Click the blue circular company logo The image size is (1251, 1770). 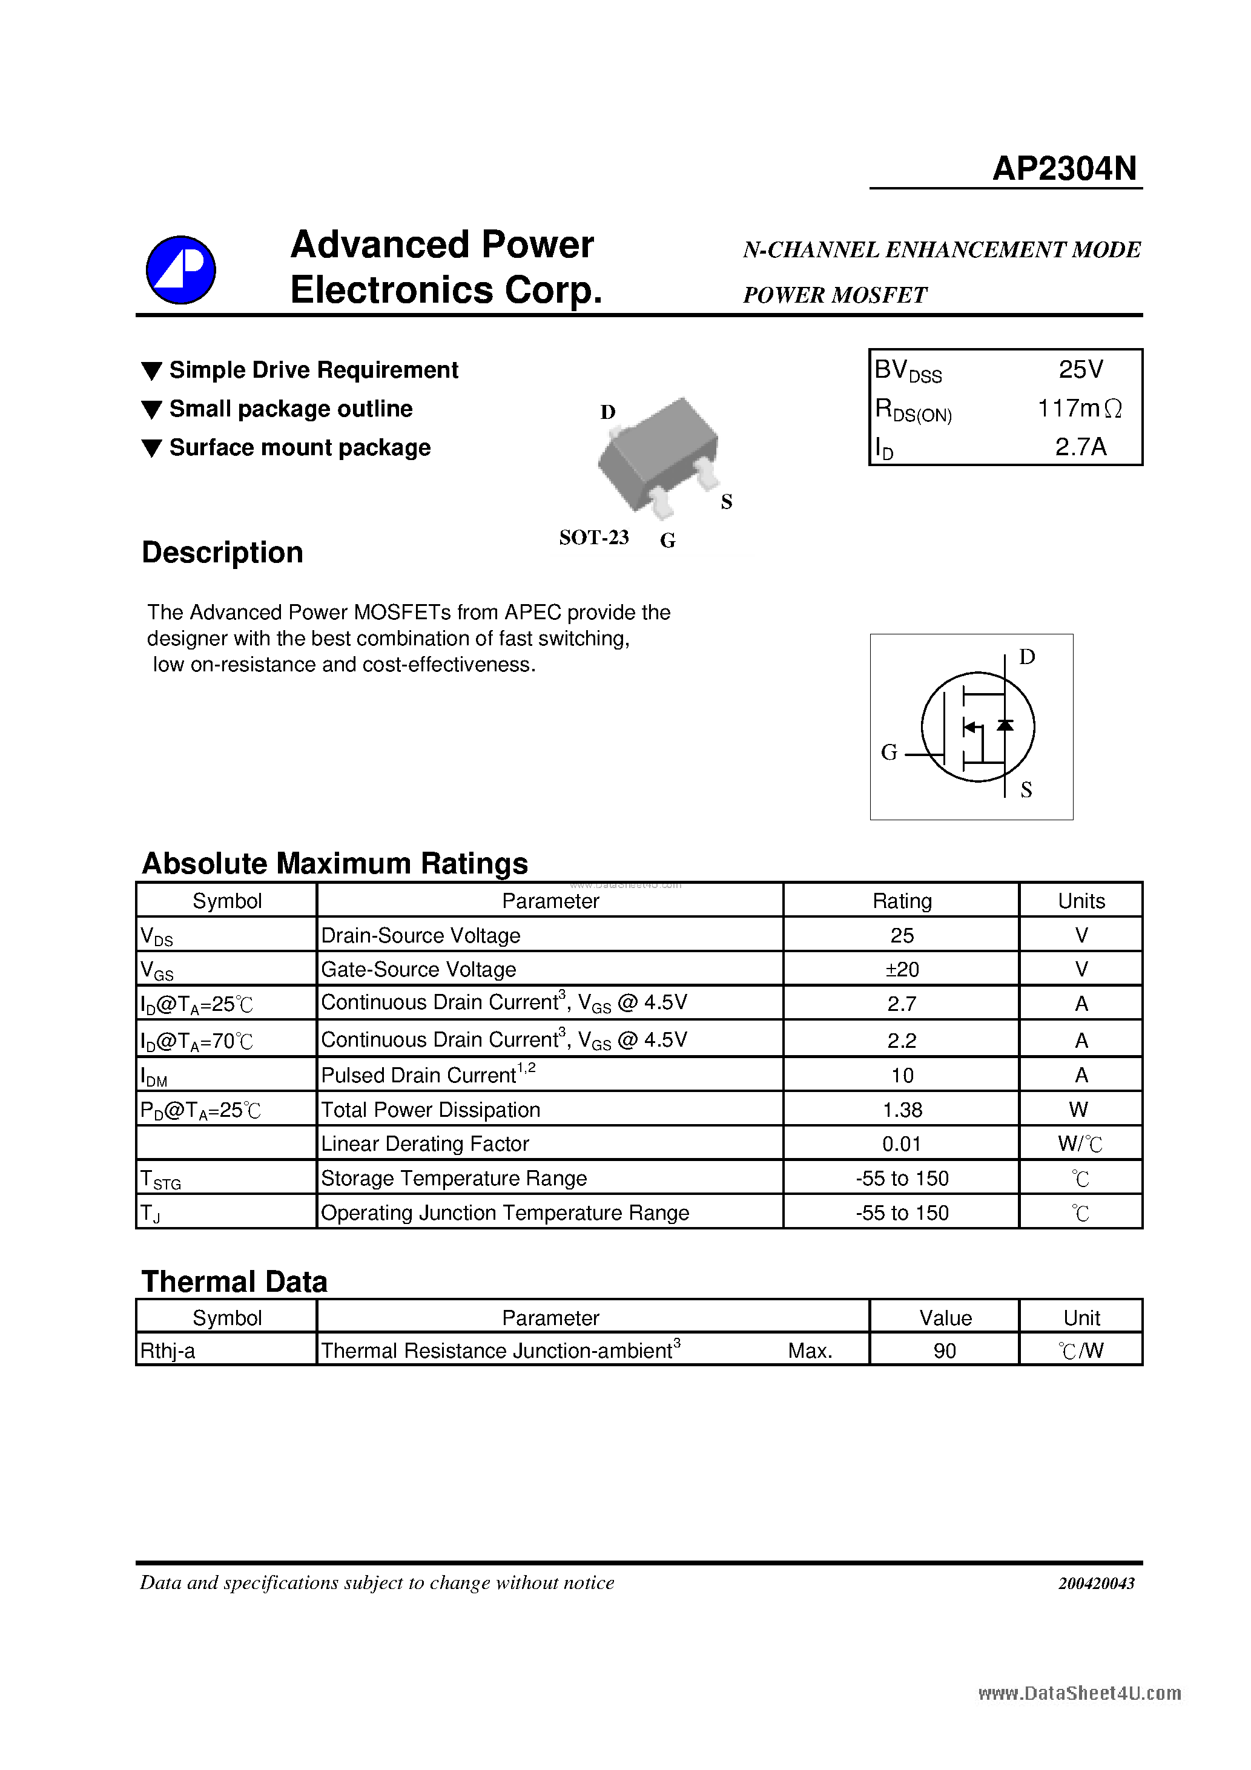(180, 270)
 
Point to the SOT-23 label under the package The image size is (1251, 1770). (593, 538)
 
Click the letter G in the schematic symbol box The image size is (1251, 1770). (888, 752)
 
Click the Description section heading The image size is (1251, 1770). (222, 553)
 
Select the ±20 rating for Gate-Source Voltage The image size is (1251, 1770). (901, 970)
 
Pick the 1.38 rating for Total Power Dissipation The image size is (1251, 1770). (901, 1110)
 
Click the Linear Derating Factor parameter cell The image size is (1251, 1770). (424, 1144)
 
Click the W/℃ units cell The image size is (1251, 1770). (1080, 1144)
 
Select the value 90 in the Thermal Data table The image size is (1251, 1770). (944, 1351)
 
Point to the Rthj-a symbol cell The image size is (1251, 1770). (167, 1351)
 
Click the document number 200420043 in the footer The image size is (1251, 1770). (1095, 1584)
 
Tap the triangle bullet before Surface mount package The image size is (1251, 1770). (152, 449)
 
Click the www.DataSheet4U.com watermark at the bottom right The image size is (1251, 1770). (1078, 1694)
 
